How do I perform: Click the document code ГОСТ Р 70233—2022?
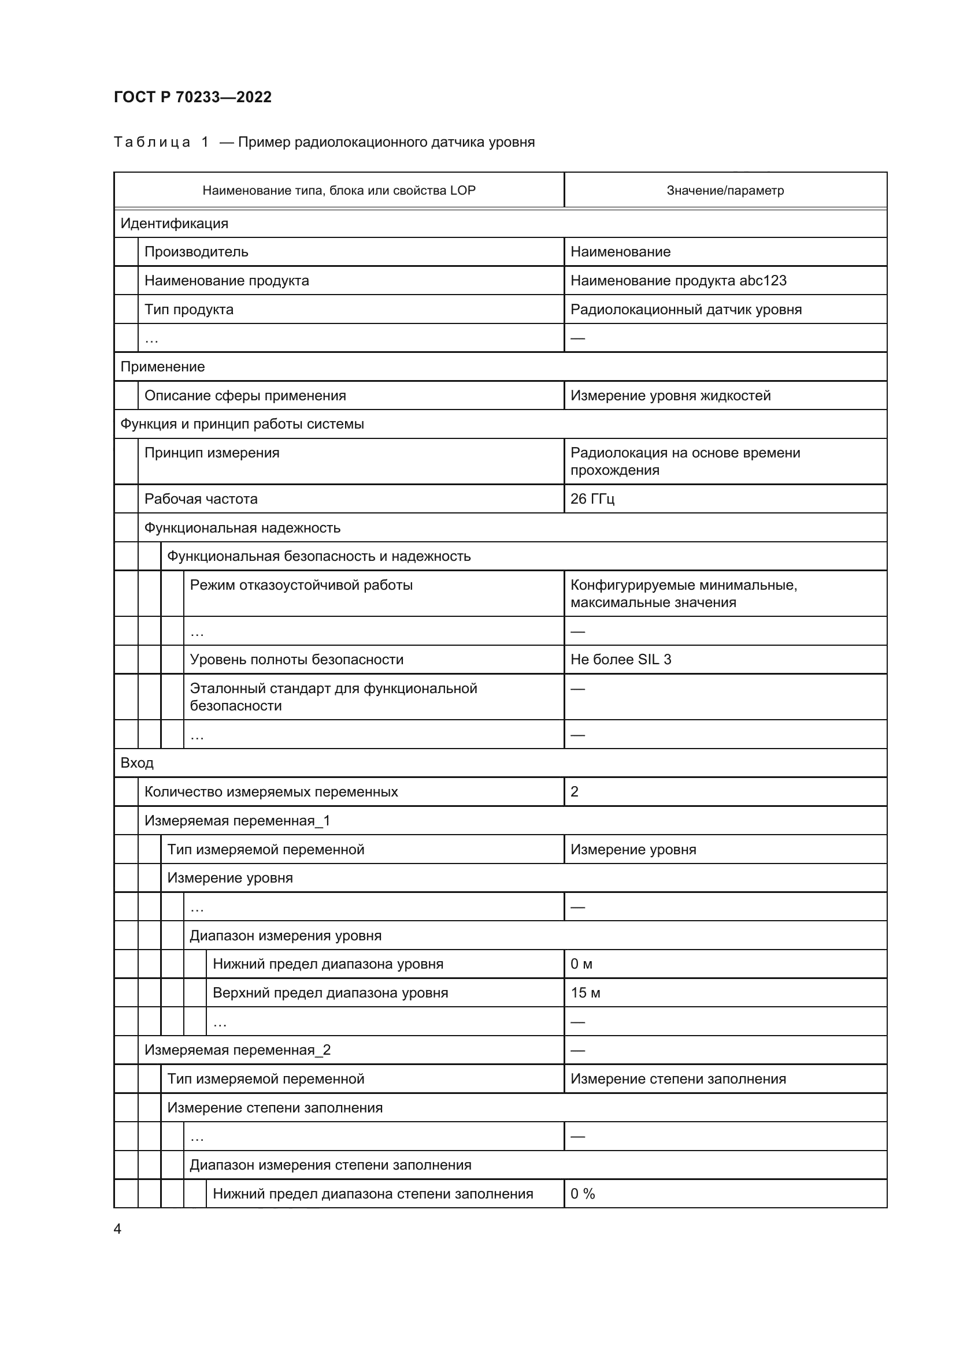click(x=192, y=97)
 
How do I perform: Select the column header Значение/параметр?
click(x=725, y=191)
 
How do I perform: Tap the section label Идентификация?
click(x=174, y=224)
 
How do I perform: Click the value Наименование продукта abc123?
click(x=678, y=281)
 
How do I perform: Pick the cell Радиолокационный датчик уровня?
click(x=686, y=310)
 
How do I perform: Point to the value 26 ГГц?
click(x=592, y=499)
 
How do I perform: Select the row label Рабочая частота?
click(x=201, y=499)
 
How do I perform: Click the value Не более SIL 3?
click(x=620, y=660)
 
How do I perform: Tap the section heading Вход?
click(x=136, y=763)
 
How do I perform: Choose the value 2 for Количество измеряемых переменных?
click(x=575, y=792)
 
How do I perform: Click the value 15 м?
click(x=585, y=993)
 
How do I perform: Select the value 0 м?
click(x=581, y=965)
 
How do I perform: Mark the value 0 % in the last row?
click(x=582, y=1194)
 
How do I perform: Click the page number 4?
click(x=118, y=1229)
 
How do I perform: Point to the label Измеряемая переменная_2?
click(x=237, y=1050)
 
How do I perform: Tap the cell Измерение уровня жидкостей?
click(x=670, y=396)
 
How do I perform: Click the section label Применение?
click(x=162, y=367)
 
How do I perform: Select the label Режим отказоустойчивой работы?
click(x=301, y=586)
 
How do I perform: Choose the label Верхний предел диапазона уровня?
click(x=330, y=993)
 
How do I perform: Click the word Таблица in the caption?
click(x=152, y=143)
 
